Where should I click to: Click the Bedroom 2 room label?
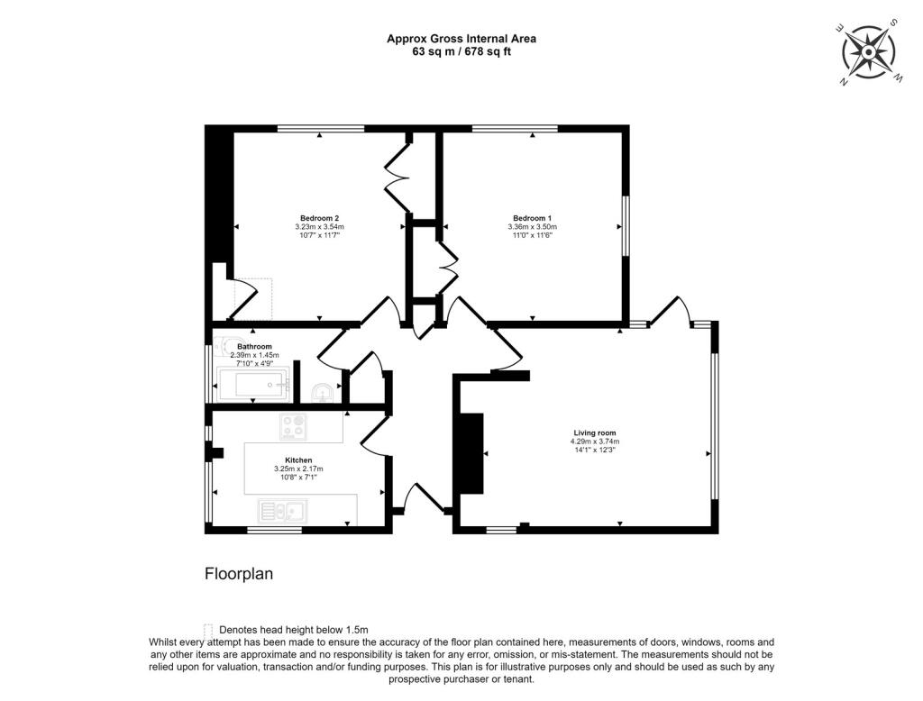coord(319,218)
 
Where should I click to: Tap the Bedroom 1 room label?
coord(532,218)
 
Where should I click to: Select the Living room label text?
coord(594,433)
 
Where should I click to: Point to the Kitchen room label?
coord(298,460)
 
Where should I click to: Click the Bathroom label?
coord(254,346)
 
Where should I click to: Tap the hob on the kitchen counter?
coord(293,426)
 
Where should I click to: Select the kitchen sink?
coord(283,513)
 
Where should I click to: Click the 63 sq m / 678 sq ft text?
coord(461,51)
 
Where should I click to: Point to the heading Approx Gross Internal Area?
coord(461,38)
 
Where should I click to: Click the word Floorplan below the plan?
coord(239,573)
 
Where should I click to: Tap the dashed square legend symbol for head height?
coord(209,630)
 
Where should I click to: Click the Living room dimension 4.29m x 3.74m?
coord(594,442)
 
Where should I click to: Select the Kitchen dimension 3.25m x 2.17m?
coord(298,469)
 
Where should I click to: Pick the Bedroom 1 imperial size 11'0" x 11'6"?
coord(532,235)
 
